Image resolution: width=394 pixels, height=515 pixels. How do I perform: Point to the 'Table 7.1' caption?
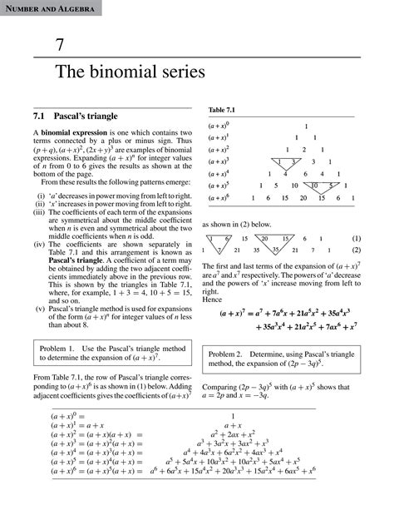[220, 110]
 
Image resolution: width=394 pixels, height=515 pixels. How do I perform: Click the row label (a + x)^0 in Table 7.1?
[219, 126]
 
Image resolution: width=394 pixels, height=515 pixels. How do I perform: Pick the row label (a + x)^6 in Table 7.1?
[219, 198]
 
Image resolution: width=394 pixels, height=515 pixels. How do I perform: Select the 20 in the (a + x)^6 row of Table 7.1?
[307, 198]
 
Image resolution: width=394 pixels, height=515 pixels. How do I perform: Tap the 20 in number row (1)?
[263, 237]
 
